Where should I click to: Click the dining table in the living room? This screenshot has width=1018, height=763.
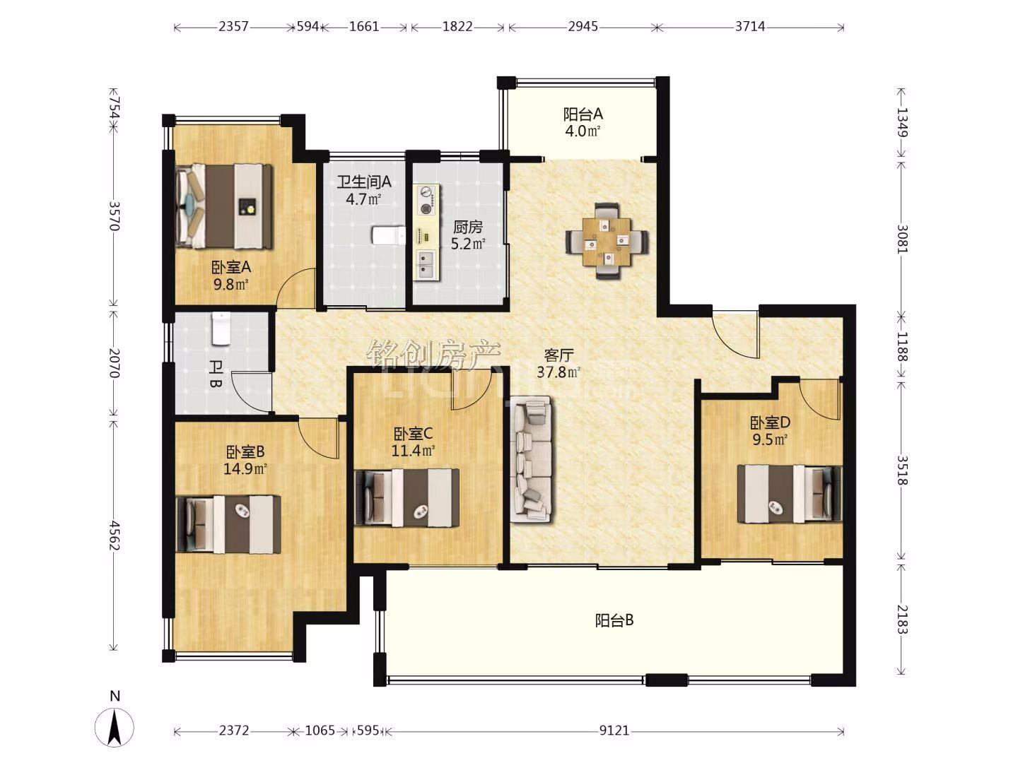click(x=607, y=241)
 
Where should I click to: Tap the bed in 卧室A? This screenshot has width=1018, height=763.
click(x=225, y=206)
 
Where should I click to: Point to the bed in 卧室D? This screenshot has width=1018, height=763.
click(x=789, y=494)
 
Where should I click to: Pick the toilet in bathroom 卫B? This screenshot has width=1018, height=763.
click(x=221, y=329)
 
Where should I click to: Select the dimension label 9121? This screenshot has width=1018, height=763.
click(x=614, y=731)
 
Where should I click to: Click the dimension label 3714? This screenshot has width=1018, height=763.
click(x=750, y=26)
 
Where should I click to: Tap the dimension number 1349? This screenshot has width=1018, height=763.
click(x=901, y=122)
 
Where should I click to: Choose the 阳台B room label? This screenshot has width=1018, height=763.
click(x=614, y=620)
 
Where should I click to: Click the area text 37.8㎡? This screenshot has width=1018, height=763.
click(x=559, y=372)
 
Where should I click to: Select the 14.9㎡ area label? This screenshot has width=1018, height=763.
click(x=245, y=469)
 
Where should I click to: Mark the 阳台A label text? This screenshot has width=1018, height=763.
click(x=583, y=114)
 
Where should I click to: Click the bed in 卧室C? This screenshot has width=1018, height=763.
click(x=406, y=497)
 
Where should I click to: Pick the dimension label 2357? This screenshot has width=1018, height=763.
click(x=233, y=26)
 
